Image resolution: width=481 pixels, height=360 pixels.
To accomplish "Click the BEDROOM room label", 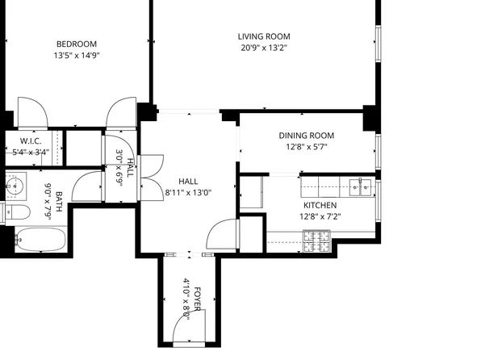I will click(76, 44).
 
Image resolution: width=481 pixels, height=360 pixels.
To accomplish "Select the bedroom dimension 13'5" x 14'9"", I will click(76, 56).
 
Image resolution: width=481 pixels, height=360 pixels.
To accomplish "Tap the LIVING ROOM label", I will click(263, 36).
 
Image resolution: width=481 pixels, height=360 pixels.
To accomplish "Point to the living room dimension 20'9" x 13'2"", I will click(263, 48).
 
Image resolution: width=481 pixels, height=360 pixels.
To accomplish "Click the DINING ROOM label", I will click(306, 136).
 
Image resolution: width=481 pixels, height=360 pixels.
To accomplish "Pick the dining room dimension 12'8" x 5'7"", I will click(306, 147).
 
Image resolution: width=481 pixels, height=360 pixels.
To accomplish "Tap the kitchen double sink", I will click(360, 187).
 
